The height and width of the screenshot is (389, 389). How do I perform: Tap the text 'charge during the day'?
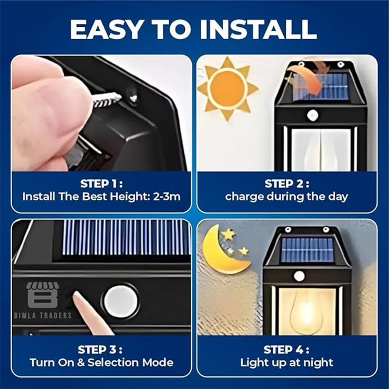pyautogui.click(x=287, y=197)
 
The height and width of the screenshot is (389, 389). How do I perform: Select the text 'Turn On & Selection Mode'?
pyautogui.click(x=101, y=363)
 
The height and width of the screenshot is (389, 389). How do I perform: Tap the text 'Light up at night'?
pyautogui.click(x=287, y=363)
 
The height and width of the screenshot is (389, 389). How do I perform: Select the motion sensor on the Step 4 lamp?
pyautogui.click(x=299, y=276)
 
